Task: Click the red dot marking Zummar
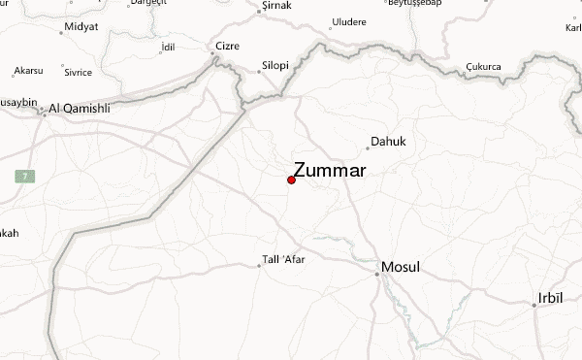coord(292,180)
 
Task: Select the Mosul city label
coord(401,266)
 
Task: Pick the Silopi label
coord(275,65)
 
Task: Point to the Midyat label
coord(81,25)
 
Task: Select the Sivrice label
coord(78,71)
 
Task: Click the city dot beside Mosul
coord(377,274)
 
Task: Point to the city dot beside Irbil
coord(533,305)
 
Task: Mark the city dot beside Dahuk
coord(368,148)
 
